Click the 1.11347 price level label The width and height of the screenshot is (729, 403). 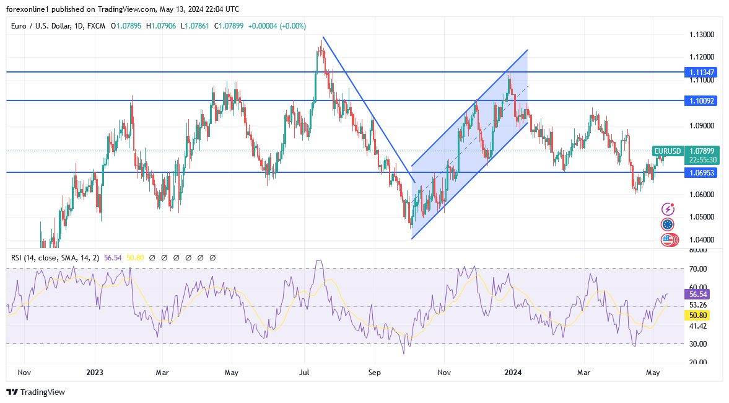click(x=702, y=73)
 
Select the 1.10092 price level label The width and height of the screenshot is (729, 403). click(x=702, y=100)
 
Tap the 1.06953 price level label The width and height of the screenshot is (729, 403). click(x=702, y=172)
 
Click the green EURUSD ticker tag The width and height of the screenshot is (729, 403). click(x=668, y=151)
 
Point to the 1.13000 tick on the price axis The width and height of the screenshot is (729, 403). click(x=701, y=35)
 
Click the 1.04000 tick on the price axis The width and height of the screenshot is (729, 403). click(x=701, y=240)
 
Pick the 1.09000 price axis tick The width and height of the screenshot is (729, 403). click(x=701, y=126)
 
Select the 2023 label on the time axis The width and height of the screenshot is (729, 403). click(x=95, y=373)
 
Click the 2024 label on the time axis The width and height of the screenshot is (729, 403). click(x=513, y=373)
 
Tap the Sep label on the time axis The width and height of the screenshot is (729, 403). click(x=373, y=373)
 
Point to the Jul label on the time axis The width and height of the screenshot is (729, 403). click(x=304, y=373)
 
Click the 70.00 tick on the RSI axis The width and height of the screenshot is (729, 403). click(x=698, y=269)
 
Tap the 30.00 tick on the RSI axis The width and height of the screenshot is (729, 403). click(x=698, y=343)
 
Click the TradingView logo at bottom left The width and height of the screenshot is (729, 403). click(x=35, y=392)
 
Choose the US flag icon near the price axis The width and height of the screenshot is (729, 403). click(x=668, y=239)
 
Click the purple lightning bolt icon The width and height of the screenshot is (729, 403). click(x=668, y=209)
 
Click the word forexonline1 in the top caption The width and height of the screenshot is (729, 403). click(x=29, y=9)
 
